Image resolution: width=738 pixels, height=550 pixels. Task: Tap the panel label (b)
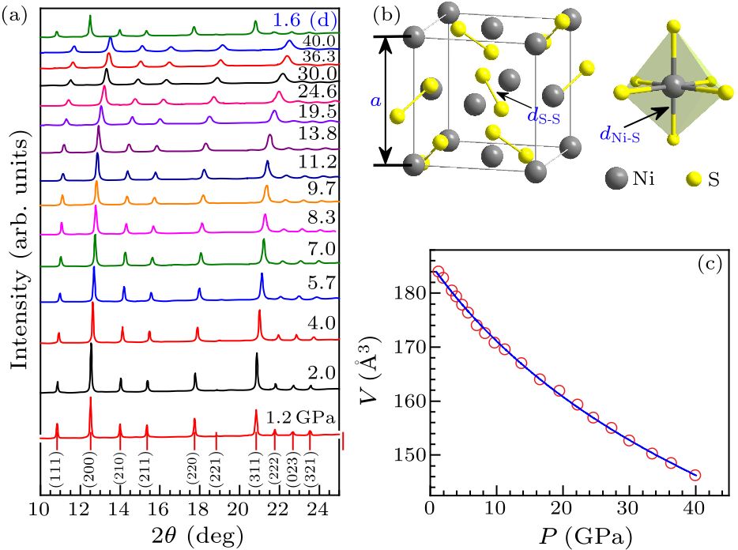[x=384, y=13]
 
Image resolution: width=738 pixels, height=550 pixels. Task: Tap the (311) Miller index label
[x=255, y=470]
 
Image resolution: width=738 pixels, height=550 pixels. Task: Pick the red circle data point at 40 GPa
[x=695, y=475]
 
